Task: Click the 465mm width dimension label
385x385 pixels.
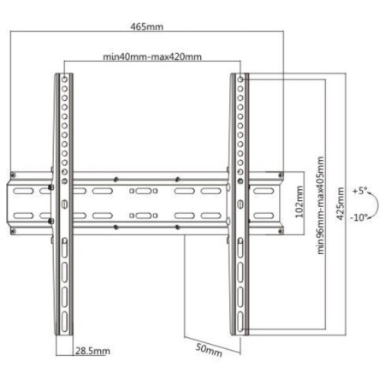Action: pos(147,27)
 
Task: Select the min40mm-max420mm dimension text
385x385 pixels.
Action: pos(152,56)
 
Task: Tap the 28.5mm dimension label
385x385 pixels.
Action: pos(92,351)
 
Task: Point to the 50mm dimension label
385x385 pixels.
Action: pos(209,350)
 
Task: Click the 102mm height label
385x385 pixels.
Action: pos(299,202)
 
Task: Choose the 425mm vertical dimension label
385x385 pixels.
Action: pos(341,204)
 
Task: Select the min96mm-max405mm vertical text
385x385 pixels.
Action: pos(321,205)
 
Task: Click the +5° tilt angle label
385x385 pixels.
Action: pos(359,191)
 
